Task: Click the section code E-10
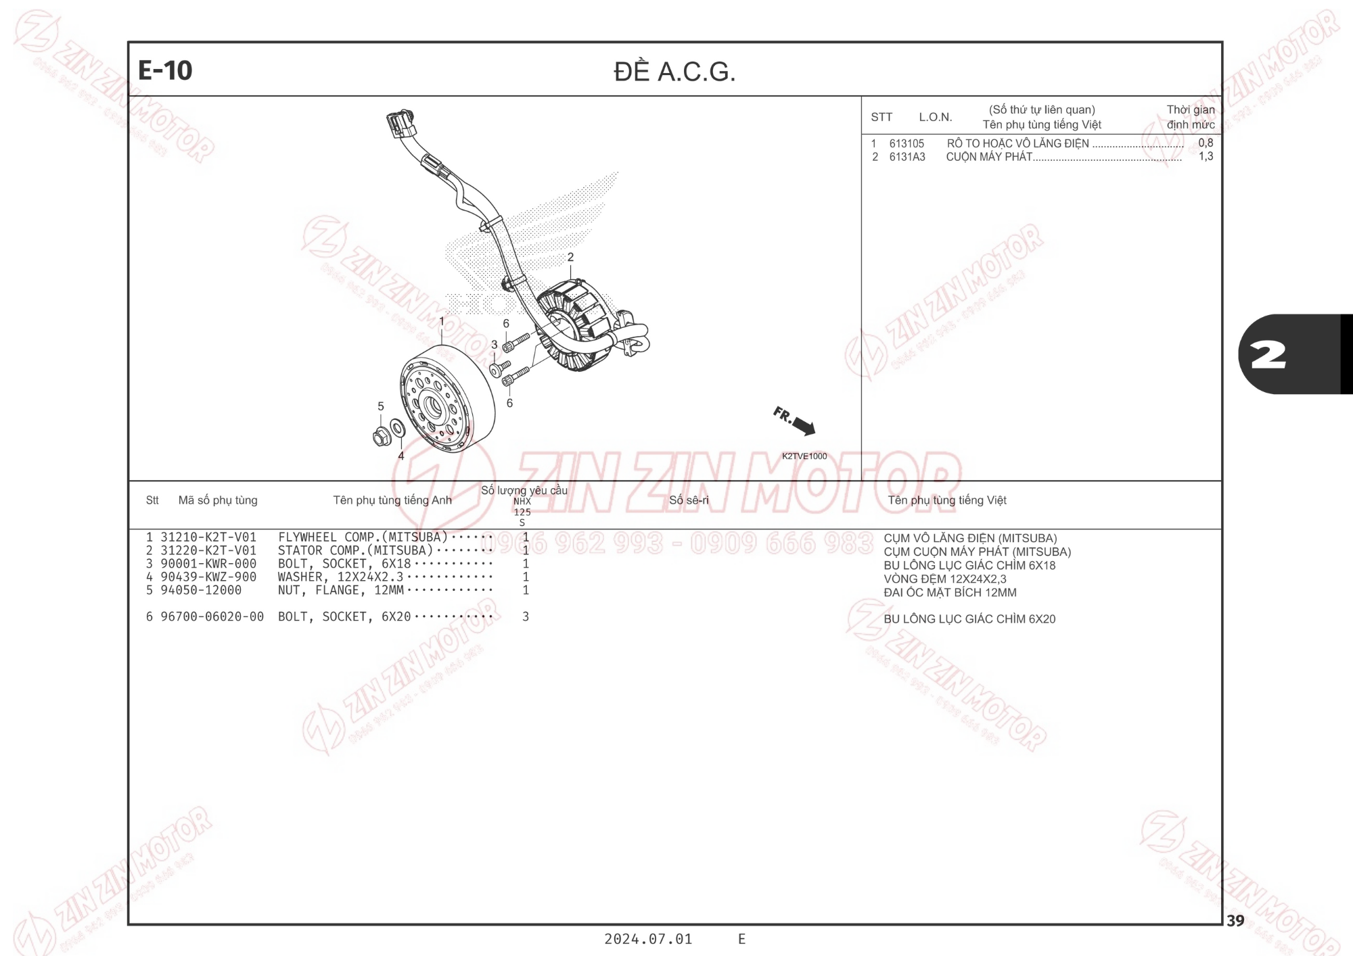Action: pos(165,70)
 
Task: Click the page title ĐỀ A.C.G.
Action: pos(674,71)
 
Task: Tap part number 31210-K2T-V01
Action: pos(208,537)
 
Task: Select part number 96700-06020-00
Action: pos(212,617)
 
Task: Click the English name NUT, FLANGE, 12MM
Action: pos(341,590)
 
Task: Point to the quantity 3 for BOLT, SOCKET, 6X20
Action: pos(526,617)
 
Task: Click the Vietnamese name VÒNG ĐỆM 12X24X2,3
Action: pos(945,579)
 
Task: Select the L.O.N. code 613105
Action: pos(907,143)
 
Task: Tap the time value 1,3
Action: pos(1206,156)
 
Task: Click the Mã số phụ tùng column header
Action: pos(218,500)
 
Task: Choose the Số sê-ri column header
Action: pos(689,500)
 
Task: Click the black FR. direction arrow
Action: pos(804,426)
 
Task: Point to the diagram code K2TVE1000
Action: pos(804,456)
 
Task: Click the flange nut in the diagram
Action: pos(382,437)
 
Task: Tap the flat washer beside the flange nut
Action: pos(398,428)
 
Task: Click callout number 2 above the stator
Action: pos(570,258)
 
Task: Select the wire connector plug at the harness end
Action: pos(400,124)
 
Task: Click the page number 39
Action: pos(1235,921)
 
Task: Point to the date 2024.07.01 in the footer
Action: pos(648,939)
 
